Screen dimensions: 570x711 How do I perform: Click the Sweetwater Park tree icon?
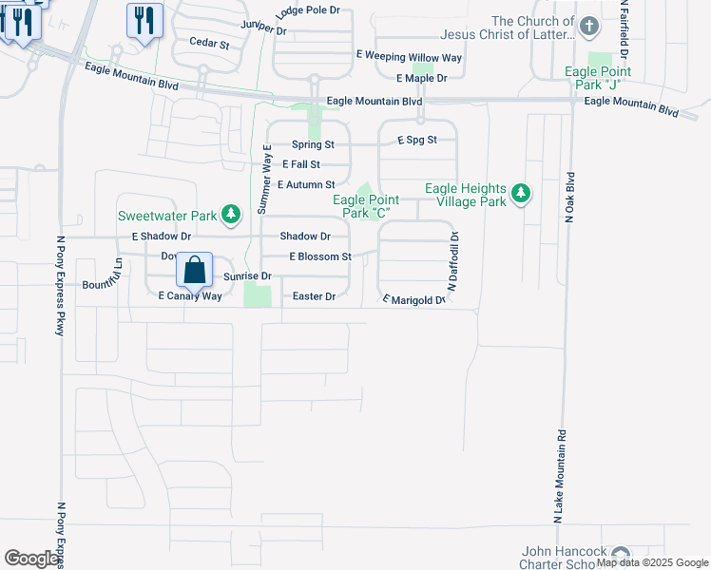230,215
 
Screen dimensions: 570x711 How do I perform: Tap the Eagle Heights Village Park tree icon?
520,194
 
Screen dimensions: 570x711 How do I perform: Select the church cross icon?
589,27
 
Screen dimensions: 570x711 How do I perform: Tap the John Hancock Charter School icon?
621,555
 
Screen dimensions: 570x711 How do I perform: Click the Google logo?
31,559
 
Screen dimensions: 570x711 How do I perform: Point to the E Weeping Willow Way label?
409,58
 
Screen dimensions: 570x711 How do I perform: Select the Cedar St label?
209,44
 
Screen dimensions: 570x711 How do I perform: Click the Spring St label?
313,144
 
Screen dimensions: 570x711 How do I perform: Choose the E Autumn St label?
306,185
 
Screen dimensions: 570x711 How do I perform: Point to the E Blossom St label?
320,256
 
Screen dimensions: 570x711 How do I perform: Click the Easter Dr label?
315,296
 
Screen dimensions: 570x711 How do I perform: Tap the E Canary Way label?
190,296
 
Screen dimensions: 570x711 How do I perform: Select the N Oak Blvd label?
570,198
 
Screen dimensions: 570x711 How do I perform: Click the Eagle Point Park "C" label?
366,206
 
